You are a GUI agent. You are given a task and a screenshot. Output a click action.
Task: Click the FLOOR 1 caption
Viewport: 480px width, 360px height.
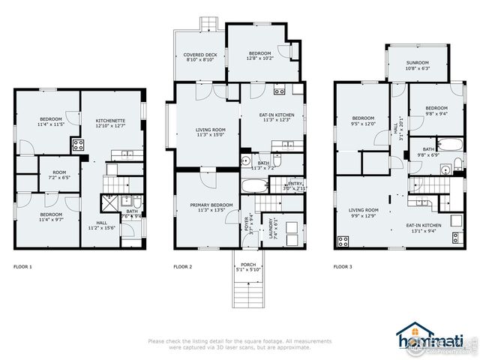(23, 266)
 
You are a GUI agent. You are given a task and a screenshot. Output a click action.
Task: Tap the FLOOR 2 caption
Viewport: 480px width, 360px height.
(183, 266)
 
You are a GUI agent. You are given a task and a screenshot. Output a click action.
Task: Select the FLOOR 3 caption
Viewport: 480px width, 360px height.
(343, 266)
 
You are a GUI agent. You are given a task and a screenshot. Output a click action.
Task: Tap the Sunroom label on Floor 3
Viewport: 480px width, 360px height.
(417, 65)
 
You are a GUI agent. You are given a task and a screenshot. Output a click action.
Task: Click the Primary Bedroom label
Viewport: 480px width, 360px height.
(200, 207)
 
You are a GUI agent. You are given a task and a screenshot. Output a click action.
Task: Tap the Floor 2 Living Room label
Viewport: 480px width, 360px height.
(200, 133)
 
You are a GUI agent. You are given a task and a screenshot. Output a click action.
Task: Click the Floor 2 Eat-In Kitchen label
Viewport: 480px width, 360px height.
(273, 117)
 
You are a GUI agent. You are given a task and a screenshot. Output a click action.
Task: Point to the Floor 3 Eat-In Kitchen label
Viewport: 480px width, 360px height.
(423, 227)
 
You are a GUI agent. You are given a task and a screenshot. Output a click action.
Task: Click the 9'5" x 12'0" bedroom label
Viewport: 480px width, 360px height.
(364, 121)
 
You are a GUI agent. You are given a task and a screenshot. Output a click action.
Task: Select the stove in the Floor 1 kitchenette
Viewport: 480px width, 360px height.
(76, 145)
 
